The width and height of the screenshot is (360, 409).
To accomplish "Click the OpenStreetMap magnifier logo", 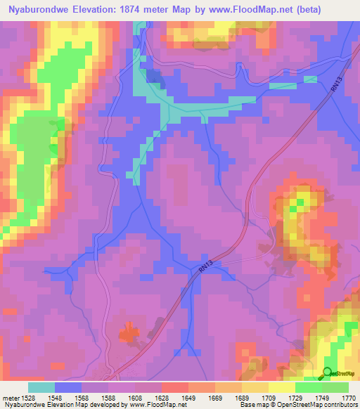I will (x=328, y=372).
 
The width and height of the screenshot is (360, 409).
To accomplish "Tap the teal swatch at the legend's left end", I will (x=41, y=387).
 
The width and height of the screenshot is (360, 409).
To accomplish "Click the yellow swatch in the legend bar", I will (x=282, y=387).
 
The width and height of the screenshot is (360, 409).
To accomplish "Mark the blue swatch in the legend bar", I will (x=68, y=387).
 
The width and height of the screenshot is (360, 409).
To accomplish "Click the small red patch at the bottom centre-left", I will (x=128, y=332).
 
